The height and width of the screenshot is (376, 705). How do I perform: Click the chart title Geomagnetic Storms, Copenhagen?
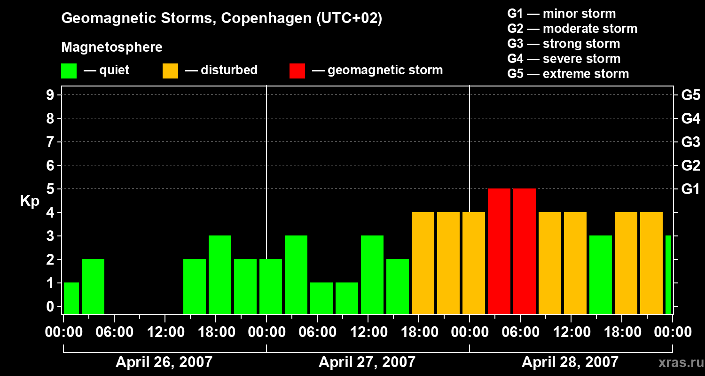pyautogui.click(x=221, y=18)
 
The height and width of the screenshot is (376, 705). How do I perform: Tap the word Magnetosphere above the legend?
pyautogui.click(x=112, y=47)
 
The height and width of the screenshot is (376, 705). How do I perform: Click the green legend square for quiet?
pyautogui.click(x=69, y=70)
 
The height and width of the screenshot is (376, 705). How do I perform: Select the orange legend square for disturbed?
pyautogui.click(x=170, y=70)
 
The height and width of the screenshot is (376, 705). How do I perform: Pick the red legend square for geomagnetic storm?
pyautogui.click(x=297, y=70)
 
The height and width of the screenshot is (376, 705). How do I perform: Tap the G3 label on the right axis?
pyautogui.click(x=690, y=142)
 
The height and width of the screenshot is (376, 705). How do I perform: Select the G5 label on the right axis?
pyautogui.click(x=690, y=95)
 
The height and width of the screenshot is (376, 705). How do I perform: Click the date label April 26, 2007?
pyautogui.click(x=164, y=362)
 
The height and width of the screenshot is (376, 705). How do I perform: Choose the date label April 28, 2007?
pyautogui.click(x=570, y=362)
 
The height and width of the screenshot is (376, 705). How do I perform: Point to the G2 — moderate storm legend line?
pyautogui.click(x=572, y=29)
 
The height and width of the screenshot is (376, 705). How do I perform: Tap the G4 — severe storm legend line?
pyautogui.click(x=564, y=59)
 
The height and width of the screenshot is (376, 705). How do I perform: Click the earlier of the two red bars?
pyautogui.click(x=499, y=251)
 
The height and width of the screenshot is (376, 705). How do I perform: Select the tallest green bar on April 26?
pyautogui.click(x=220, y=274)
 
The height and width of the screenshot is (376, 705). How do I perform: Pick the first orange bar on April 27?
pyautogui.click(x=423, y=263)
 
